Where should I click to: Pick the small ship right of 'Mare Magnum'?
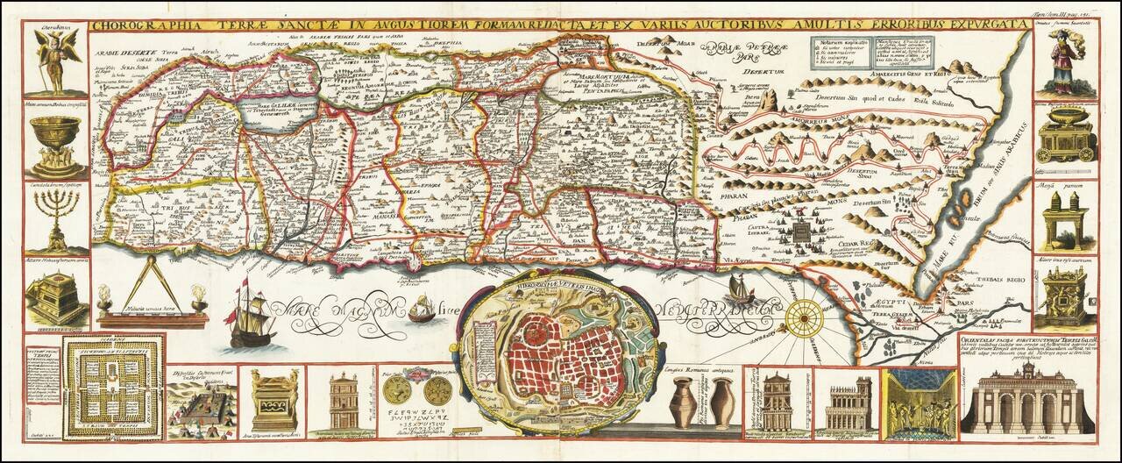coord(422,308)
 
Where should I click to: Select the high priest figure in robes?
coord(1062,63)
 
